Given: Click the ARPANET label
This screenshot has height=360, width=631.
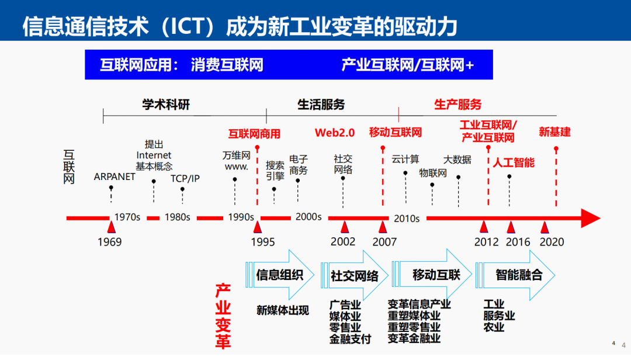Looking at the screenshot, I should (x=115, y=177).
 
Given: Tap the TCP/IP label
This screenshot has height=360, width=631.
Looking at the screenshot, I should (x=185, y=178).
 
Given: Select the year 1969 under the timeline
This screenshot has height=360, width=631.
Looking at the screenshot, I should (x=110, y=242).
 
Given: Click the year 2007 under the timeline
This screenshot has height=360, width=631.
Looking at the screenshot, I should (x=384, y=242).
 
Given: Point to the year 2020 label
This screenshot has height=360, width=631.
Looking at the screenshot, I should (x=552, y=242).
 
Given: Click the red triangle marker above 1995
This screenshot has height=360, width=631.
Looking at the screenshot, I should (x=258, y=227).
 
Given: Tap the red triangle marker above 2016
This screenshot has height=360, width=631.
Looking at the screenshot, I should (x=511, y=227).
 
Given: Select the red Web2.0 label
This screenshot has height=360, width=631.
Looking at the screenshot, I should (x=335, y=133).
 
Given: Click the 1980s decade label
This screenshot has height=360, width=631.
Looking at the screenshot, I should (x=177, y=217).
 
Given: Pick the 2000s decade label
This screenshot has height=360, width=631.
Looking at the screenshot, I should (x=308, y=217).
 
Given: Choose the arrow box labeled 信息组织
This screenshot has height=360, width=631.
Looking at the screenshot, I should (x=280, y=275).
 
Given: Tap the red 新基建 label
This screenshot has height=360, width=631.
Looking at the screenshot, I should (x=554, y=132).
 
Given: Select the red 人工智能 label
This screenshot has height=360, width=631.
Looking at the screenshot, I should (x=514, y=162).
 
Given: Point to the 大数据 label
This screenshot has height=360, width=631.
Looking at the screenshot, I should (x=457, y=159).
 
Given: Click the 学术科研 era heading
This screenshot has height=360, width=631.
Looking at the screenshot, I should (x=167, y=105).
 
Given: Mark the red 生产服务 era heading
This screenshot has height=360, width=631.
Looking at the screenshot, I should (x=458, y=105).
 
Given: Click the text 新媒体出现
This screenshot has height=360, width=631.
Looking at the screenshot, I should (x=283, y=310).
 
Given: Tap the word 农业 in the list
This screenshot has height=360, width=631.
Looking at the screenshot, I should (x=494, y=327).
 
